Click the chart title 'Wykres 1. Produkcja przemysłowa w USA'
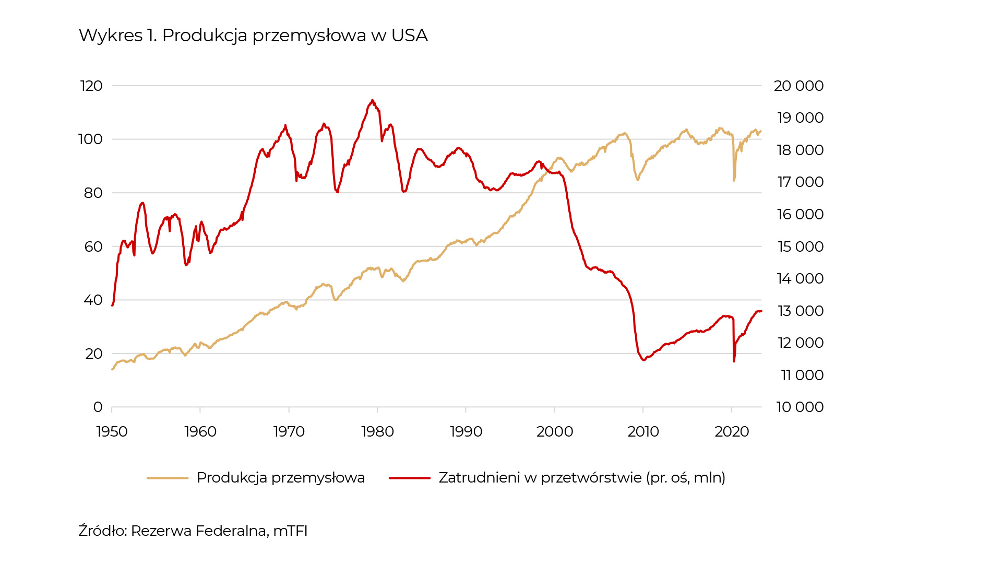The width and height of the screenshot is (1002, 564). (253, 36)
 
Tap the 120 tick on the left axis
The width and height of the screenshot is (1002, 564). (91, 86)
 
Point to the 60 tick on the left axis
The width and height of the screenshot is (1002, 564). (93, 246)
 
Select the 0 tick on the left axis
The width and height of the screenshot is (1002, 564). (98, 407)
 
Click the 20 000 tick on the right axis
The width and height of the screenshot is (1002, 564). (798, 86)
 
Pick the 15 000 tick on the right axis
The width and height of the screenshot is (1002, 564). (801, 246)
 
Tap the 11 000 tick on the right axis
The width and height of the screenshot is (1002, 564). (802, 375)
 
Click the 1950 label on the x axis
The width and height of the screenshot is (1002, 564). (112, 432)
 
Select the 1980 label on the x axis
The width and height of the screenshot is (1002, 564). (377, 432)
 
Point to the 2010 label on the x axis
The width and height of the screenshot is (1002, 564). (643, 432)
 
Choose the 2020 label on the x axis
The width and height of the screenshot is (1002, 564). (732, 432)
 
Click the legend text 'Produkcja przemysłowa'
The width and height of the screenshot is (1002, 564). (280, 478)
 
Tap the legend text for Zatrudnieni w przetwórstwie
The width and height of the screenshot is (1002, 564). (582, 478)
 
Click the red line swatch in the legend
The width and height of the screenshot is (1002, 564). (410, 478)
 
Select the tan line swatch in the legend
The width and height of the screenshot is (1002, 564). (168, 478)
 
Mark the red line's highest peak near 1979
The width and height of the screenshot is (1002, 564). (372, 100)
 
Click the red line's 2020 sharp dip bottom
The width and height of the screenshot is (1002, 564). (734, 361)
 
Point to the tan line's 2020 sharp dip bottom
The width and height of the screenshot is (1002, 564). (734, 181)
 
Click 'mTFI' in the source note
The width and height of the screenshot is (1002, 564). (290, 531)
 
